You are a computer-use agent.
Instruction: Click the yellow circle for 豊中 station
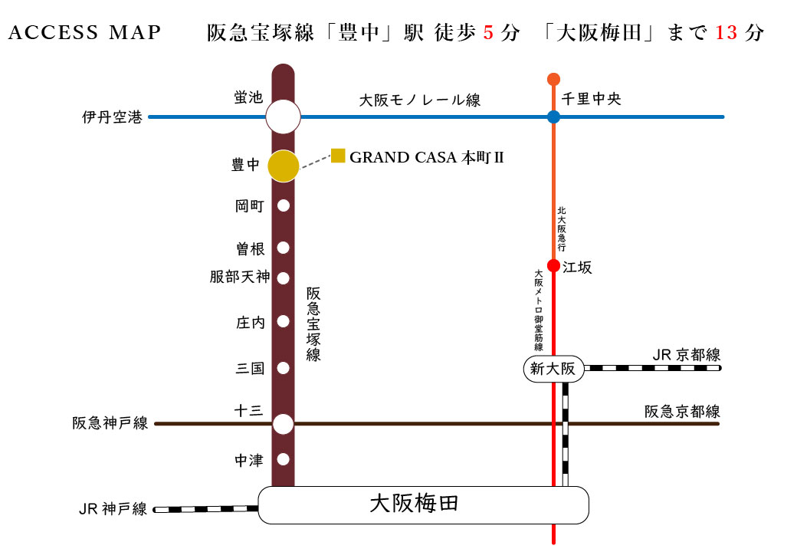click(x=283, y=166)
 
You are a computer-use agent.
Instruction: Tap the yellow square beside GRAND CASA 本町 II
click(x=338, y=156)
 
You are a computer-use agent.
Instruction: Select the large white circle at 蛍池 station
click(x=283, y=117)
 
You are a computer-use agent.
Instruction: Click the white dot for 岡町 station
click(x=283, y=205)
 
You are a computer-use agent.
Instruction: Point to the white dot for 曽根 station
click(x=283, y=248)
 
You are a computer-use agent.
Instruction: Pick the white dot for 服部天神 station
click(x=283, y=278)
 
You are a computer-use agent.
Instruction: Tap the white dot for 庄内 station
click(x=283, y=321)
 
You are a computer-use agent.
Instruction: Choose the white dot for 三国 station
click(x=283, y=368)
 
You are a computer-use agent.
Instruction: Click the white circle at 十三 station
click(x=283, y=424)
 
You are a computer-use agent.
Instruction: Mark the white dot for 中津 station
click(x=283, y=459)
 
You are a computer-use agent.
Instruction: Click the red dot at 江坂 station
click(x=553, y=265)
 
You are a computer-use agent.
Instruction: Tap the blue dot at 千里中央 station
click(x=553, y=117)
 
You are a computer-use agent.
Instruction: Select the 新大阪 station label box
click(x=553, y=369)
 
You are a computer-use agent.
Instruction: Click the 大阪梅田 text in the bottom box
click(x=415, y=504)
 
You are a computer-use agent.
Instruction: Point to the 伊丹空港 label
click(x=113, y=117)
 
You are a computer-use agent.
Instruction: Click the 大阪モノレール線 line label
click(x=420, y=100)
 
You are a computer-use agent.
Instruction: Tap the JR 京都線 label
click(x=686, y=355)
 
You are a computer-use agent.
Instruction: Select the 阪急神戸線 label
click(x=110, y=423)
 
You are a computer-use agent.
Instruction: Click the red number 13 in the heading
click(x=726, y=33)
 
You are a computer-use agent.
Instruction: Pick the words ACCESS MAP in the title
click(x=84, y=32)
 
